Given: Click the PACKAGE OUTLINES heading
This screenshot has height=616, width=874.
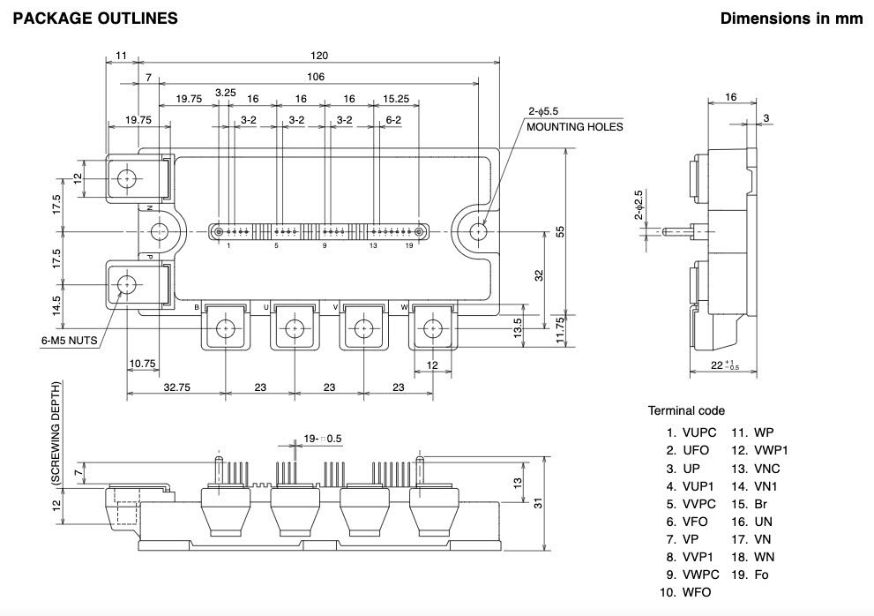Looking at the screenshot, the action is point(95,19).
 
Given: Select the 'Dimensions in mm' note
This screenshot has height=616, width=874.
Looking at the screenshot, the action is point(791,19).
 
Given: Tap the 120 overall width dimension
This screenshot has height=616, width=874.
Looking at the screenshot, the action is point(319,56).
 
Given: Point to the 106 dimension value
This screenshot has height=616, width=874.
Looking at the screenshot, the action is point(316,77).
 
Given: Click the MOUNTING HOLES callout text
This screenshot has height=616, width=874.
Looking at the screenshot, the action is point(575,127).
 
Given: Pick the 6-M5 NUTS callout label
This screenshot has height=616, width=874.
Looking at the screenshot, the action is point(69,341).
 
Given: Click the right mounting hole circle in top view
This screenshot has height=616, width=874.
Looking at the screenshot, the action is point(478,231).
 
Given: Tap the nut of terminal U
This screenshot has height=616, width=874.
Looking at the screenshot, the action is point(295,329).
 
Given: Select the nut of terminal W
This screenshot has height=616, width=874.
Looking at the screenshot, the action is point(432,329).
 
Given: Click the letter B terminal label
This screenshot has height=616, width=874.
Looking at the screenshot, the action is point(197,307).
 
